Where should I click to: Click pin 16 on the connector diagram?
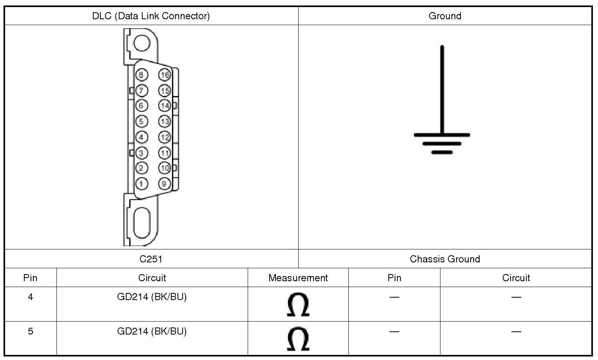click(x=165, y=75)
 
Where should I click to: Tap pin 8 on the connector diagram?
click(x=141, y=75)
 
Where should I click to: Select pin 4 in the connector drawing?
click(x=141, y=137)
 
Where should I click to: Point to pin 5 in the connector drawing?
click(x=141, y=122)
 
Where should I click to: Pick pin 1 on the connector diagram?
click(x=141, y=184)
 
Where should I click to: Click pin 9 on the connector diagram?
click(x=165, y=184)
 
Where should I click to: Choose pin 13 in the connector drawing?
click(x=165, y=122)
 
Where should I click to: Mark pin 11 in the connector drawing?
click(x=165, y=153)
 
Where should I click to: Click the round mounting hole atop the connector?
click(x=142, y=43)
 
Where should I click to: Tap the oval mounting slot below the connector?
click(x=142, y=222)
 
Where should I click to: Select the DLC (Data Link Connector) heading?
click(x=151, y=16)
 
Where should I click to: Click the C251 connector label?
click(x=151, y=259)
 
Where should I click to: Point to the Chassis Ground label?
click(x=445, y=259)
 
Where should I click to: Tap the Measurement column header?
click(x=298, y=278)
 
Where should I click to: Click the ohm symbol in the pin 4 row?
click(x=298, y=304)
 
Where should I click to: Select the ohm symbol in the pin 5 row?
click(x=298, y=339)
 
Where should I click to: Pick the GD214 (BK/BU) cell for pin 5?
click(x=152, y=331)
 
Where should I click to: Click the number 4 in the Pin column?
click(x=30, y=297)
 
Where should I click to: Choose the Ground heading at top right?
click(x=445, y=16)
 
